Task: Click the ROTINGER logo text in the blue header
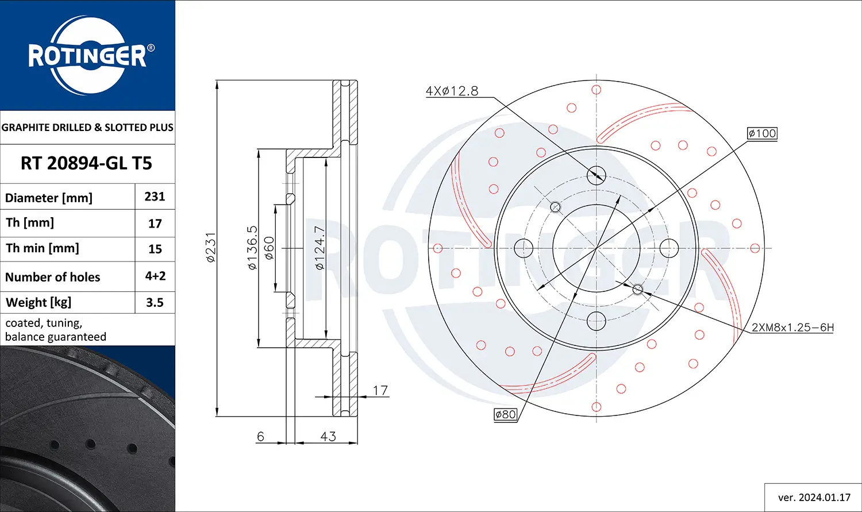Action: [x=87, y=56]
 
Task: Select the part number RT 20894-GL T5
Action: [x=86, y=163]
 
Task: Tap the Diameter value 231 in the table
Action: [x=155, y=197]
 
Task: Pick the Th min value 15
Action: [x=155, y=249]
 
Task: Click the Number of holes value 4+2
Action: [x=155, y=276]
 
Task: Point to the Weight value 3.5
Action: [x=155, y=302]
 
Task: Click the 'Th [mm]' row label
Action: [x=30, y=223]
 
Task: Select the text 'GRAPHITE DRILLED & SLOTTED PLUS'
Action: [x=87, y=128]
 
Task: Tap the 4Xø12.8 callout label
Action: [x=452, y=91]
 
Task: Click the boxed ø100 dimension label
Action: [x=762, y=133]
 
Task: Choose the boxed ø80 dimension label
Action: [x=505, y=414]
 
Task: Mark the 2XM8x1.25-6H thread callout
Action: [x=792, y=328]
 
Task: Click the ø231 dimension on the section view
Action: [x=211, y=248]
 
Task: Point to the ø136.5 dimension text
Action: [x=252, y=248]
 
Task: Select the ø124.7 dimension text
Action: [x=320, y=248]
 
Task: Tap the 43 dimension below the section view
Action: [x=328, y=436]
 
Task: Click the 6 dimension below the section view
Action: [x=260, y=436]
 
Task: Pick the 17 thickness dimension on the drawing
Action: [x=380, y=391]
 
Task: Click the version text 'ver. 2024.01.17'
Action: [x=814, y=498]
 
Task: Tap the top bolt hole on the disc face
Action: [x=597, y=175]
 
